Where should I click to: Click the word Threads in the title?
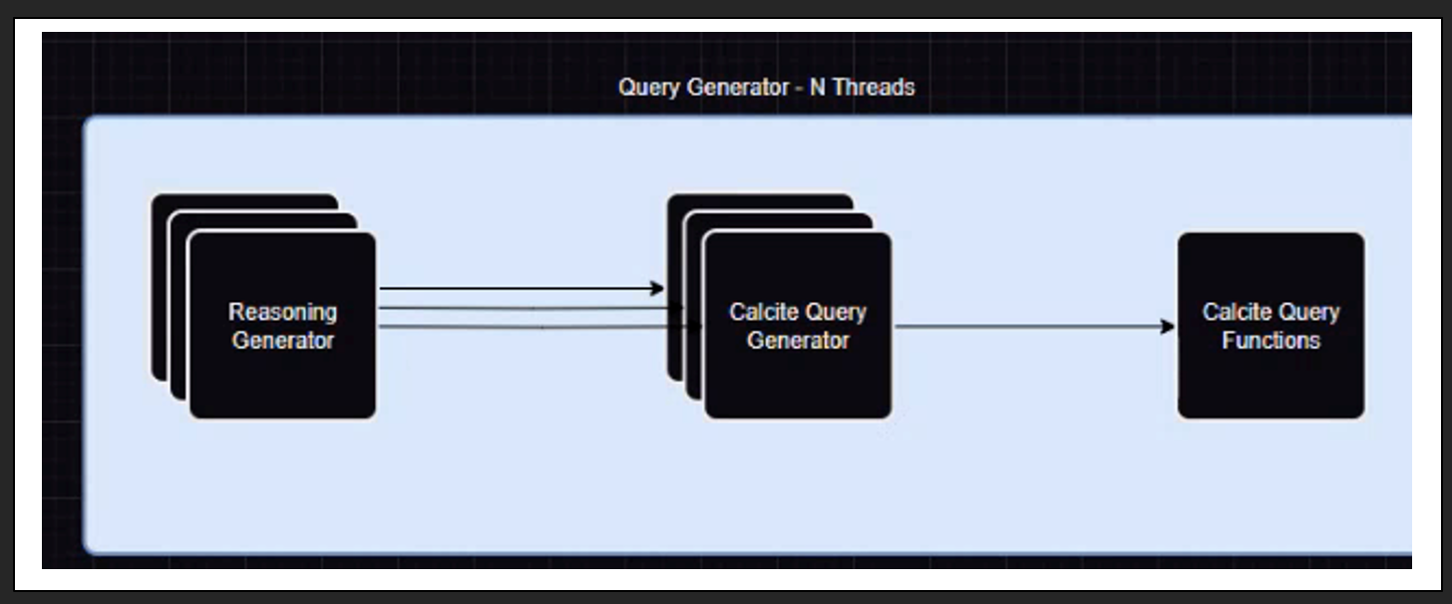pos(873,88)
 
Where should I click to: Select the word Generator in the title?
pos(736,88)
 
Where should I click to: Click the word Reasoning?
pos(283,312)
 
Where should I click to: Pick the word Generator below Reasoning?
pos(283,341)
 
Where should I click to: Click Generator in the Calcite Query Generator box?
pos(798,341)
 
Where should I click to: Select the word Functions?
pos(1270,341)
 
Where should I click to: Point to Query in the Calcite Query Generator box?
pos(834,312)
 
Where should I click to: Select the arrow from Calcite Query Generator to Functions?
pos(1027,326)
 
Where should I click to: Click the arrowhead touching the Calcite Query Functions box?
pos(1168,326)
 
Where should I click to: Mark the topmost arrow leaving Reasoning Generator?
pos(519,289)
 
